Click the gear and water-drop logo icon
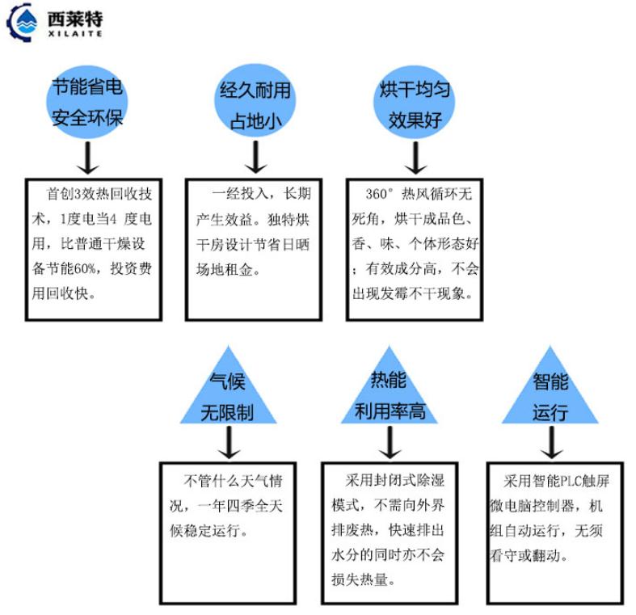tap(22, 22)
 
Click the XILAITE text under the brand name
tap(75, 34)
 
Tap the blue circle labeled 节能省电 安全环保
tap(87, 102)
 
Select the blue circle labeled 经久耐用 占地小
tap(255, 102)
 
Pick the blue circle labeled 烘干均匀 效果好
tap(414, 102)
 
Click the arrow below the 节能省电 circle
tap(87, 158)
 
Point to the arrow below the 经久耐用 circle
tap(255, 158)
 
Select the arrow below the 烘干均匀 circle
tap(415, 158)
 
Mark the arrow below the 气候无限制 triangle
tap(230, 443)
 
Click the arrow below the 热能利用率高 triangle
tap(390, 443)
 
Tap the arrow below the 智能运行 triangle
tap(552, 443)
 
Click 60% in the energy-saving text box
tap(86, 268)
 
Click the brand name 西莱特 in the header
tap(75, 19)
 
